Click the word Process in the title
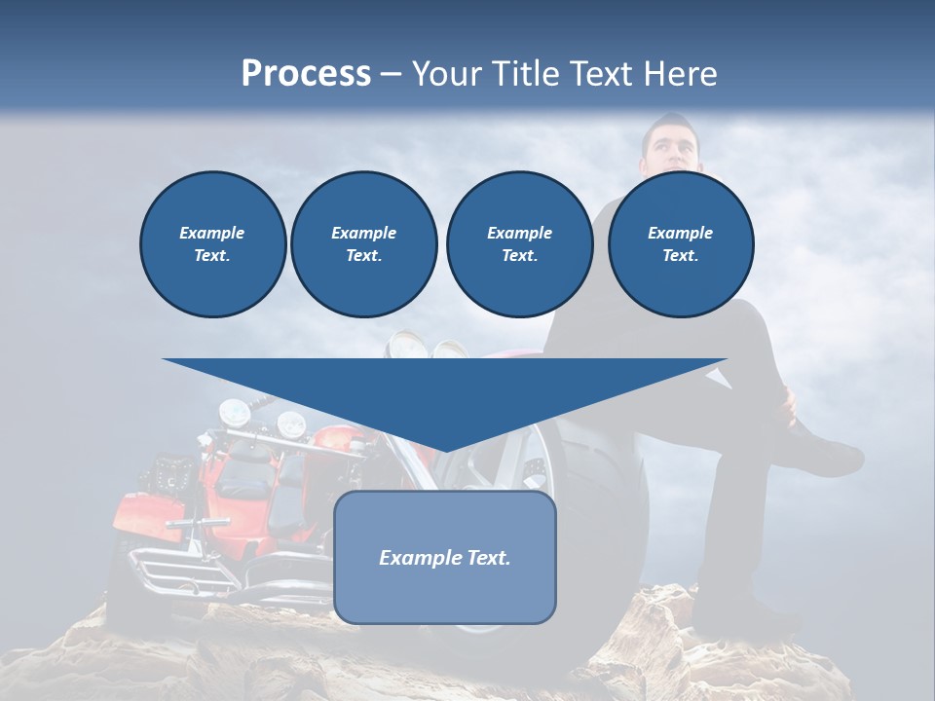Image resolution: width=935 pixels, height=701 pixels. [x=306, y=73]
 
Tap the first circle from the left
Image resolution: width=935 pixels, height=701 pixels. [x=212, y=243]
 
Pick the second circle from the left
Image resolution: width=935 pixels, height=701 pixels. [x=363, y=243]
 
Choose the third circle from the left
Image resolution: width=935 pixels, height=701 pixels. [x=519, y=243]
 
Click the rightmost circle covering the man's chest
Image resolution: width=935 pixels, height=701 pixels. [x=680, y=243]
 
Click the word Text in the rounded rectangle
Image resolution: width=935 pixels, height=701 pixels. [x=485, y=558]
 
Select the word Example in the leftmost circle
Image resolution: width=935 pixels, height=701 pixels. [x=211, y=233]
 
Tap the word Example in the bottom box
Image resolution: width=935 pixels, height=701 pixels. [x=417, y=558]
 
